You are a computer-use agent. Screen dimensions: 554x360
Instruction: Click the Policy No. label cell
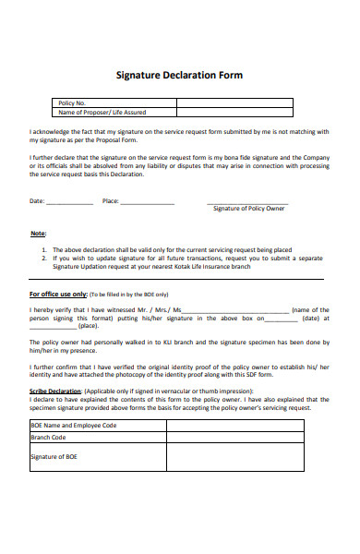point(72,102)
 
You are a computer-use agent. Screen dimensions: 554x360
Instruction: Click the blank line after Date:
point(69,201)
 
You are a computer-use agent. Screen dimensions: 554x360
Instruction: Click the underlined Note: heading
point(38,234)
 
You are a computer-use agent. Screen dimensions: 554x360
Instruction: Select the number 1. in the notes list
point(44,249)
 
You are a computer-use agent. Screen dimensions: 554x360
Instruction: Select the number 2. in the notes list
point(44,258)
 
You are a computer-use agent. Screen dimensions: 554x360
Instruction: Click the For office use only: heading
point(57,294)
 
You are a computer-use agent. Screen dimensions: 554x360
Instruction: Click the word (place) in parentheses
point(89,326)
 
